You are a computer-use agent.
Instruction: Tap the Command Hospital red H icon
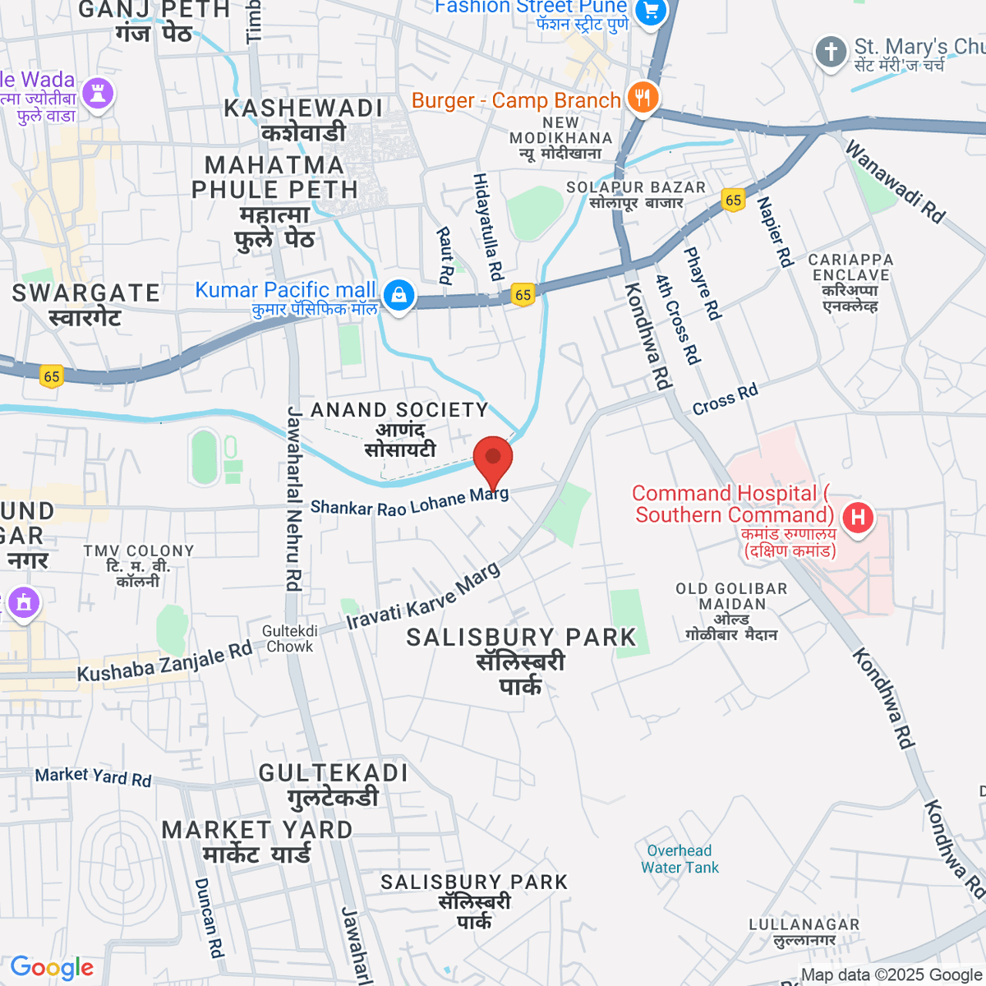pos(858,518)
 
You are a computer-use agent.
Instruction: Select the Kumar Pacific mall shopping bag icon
pos(399,295)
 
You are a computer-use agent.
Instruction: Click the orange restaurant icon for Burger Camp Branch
pos(642,98)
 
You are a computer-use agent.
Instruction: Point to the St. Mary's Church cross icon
pos(831,53)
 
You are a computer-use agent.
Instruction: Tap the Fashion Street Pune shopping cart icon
pos(652,12)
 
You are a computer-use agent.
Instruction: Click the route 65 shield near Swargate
pos(52,376)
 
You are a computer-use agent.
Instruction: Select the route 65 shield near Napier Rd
pos(733,200)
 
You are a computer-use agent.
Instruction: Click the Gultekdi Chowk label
pos(289,638)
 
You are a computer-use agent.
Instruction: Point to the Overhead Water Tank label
pos(680,859)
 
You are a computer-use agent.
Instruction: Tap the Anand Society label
pos(399,429)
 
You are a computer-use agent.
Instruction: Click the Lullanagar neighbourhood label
pos(804,932)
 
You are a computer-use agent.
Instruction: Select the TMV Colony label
pos(138,565)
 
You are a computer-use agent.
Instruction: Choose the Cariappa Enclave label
pos(850,282)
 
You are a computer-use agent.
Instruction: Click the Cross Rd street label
pos(725,399)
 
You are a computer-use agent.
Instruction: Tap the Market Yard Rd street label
pos(93,776)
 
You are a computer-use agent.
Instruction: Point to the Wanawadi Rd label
pos(895,182)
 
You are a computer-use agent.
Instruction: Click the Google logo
pos(52,968)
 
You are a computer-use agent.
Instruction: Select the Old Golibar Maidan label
pos(731,611)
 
